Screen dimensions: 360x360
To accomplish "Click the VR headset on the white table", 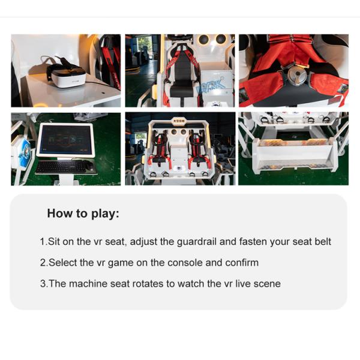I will [x=65, y=76].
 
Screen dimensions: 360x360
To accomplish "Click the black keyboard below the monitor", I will [x=65, y=167].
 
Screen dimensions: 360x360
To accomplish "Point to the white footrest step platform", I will [x=293, y=153].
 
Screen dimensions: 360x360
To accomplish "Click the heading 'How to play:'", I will [x=83, y=213].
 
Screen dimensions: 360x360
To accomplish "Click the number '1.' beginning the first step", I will [x=43, y=242].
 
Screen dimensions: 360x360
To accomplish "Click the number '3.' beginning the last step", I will [x=43, y=283].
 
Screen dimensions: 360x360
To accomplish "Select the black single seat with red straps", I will [x=179, y=75].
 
